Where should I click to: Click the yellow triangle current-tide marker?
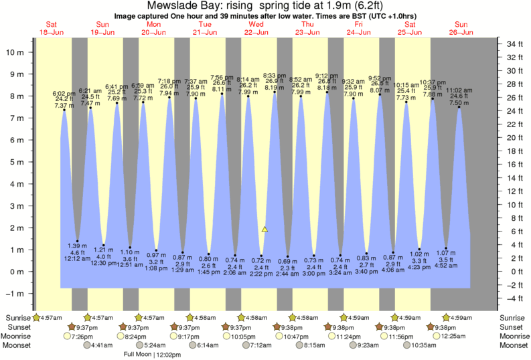264,229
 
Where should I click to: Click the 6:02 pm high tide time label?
64,93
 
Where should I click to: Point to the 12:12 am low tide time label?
78,258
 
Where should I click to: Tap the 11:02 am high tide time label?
459,90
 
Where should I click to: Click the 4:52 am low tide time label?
446,265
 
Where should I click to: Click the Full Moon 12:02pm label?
153,355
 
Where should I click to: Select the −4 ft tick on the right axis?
514,298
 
